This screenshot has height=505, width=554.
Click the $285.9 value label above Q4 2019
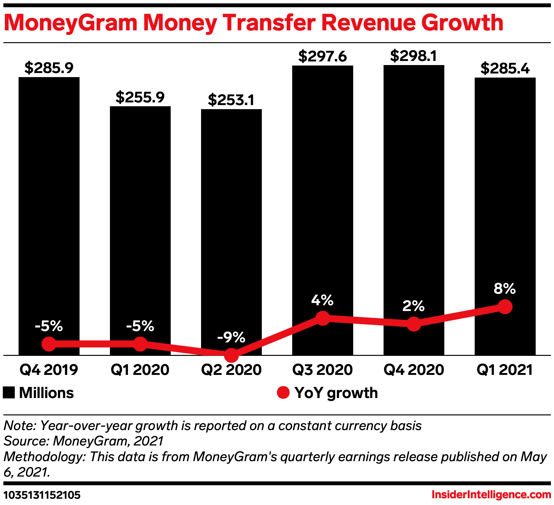[x=49, y=68]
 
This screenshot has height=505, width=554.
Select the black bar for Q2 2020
[x=231, y=220]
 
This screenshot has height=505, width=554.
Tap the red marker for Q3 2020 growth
[x=323, y=318]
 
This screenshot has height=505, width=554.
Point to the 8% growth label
[x=505, y=289]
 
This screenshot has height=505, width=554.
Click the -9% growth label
[x=231, y=337]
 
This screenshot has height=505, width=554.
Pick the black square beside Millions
[x=9, y=392]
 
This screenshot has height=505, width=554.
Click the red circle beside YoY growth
[x=283, y=392]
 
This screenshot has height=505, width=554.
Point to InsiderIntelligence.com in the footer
[x=491, y=495]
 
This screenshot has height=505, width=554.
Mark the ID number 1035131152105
[x=42, y=495]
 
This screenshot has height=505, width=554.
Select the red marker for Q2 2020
[x=231, y=355]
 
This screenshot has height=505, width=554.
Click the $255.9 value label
[x=140, y=97]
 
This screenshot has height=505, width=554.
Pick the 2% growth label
[x=414, y=306]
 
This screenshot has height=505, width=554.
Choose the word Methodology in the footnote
[x=44, y=457]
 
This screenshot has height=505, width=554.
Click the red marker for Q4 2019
[x=49, y=344]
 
